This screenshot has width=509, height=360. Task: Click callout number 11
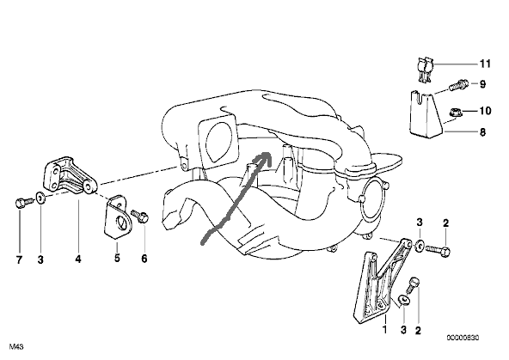485,64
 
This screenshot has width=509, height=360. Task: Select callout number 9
482,84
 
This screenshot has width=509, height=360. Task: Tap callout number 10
485,111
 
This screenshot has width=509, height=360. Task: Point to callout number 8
482,132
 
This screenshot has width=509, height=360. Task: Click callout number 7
19,259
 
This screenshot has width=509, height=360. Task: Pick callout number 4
78,259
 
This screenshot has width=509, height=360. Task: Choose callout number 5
117,258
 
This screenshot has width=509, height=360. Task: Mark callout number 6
144,259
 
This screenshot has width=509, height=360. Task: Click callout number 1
385,330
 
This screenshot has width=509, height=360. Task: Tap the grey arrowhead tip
269,153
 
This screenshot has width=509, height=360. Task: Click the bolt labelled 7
24,203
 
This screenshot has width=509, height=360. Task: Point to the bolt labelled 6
140,216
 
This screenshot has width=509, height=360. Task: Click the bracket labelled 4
71,176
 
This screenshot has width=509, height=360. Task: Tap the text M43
16,347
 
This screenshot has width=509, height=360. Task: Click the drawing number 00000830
463,338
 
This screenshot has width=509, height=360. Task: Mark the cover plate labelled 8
426,114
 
